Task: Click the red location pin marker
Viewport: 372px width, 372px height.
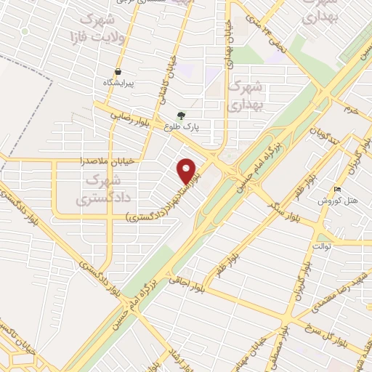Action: point(187,170)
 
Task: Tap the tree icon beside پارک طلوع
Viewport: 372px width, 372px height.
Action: point(181,115)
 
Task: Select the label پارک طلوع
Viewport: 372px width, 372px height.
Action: point(185,126)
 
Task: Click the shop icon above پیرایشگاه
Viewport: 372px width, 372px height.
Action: point(118,72)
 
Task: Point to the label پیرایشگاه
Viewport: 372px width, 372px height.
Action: point(118,84)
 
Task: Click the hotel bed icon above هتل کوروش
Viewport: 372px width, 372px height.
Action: point(336,189)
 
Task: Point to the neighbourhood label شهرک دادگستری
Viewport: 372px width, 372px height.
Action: point(101,187)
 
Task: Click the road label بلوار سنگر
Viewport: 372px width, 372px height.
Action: point(288,210)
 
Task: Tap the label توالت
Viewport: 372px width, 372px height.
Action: point(322,247)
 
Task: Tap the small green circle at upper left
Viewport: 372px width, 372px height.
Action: point(25,31)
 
